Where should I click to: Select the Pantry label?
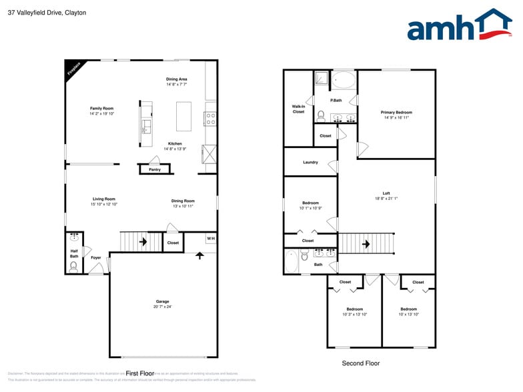(154, 169)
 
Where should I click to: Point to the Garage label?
(163, 301)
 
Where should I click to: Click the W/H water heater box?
(210, 239)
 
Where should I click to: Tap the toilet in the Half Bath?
(73, 266)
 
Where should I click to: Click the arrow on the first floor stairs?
(143, 241)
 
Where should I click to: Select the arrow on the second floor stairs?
(366, 244)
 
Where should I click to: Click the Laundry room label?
(310, 162)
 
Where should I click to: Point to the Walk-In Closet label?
(298, 109)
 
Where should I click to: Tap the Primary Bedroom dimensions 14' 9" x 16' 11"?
(396, 118)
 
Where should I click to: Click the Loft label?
(386, 193)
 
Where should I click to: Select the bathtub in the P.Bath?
(344, 81)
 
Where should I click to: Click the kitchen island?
(183, 116)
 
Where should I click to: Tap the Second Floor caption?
(360, 363)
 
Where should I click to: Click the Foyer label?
(96, 257)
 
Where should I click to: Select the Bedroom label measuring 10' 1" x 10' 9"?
(310, 203)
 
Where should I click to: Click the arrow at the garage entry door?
(199, 255)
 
